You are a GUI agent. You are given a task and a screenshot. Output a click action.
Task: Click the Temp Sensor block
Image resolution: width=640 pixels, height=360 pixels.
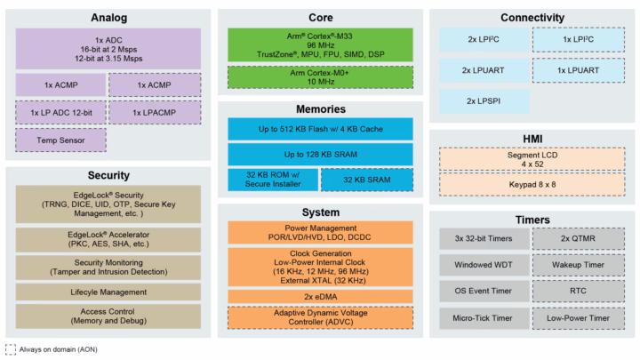point(60,140)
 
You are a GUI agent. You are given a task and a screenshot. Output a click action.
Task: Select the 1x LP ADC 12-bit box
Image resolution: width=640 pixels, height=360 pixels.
point(60,113)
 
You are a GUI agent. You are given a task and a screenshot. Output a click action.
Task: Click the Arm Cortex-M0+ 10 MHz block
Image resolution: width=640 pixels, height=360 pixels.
point(320,77)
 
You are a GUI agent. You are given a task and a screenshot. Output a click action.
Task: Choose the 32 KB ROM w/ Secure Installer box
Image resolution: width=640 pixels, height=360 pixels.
point(270,180)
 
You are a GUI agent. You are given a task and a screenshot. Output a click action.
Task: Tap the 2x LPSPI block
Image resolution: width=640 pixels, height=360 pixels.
point(484,100)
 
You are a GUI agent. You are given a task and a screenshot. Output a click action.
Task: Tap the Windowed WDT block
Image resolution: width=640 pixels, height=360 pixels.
point(484,265)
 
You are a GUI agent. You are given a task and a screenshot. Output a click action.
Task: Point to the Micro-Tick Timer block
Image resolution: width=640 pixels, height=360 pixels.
point(484,318)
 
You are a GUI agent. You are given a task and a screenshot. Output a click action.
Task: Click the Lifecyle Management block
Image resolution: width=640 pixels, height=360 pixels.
point(108,292)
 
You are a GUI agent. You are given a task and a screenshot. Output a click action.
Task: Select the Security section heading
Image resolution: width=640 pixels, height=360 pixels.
point(108,176)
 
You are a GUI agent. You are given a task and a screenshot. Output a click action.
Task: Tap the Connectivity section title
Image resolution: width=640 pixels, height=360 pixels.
point(532,18)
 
